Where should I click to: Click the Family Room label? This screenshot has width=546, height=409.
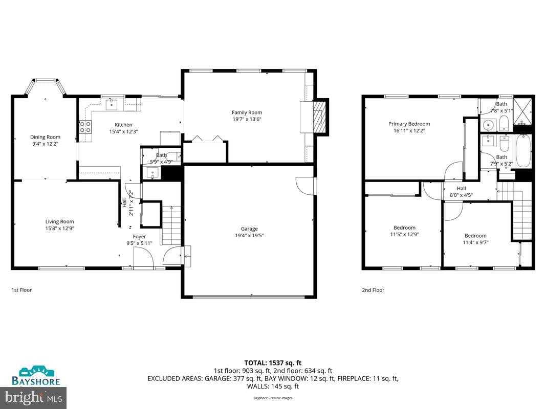[247, 112]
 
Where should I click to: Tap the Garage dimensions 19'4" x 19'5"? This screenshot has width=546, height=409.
[249, 236]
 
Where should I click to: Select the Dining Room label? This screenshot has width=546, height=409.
[45, 137]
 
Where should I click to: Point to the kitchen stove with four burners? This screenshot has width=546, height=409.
[85, 127]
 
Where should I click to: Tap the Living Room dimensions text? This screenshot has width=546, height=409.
[59, 229]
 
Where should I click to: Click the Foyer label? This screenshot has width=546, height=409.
[139, 236]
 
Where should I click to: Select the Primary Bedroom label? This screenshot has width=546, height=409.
[409, 124]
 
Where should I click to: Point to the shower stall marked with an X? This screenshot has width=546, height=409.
[523, 111]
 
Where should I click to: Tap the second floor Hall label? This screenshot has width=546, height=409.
[461, 188]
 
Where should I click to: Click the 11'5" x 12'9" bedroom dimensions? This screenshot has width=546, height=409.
[404, 235]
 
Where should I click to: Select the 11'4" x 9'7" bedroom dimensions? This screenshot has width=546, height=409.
[475, 242]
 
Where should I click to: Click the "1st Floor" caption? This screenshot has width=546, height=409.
[21, 290]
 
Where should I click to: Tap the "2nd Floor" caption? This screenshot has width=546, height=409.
[373, 290]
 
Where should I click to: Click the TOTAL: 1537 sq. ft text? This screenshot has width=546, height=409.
[273, 362]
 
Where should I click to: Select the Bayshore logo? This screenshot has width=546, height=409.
[36, 376]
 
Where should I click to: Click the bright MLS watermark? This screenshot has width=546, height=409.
[34, 396]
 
